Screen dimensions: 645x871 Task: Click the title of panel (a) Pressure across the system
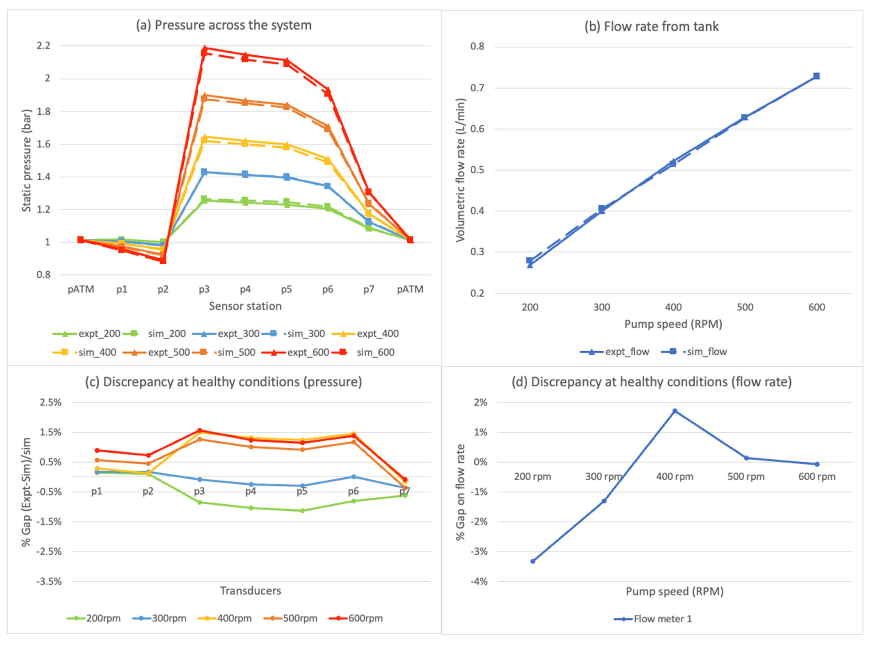coord(224,25)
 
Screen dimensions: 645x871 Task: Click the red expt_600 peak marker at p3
coord(204,48)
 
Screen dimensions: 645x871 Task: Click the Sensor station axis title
coord(245,306)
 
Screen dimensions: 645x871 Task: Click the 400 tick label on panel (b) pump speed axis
coord(673,307)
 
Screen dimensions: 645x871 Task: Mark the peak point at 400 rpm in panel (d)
coord(675,411)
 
